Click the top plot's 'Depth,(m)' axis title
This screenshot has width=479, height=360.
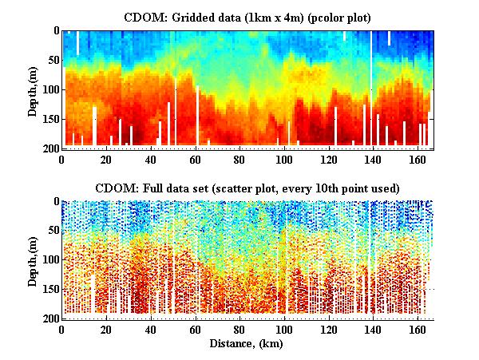(33, 89)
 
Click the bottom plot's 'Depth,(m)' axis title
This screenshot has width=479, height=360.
(33, 260)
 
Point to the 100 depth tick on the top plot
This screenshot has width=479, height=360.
(51, 89)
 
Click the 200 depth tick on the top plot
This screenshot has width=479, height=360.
(51, 148)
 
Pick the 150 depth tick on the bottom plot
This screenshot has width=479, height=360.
(51, 290)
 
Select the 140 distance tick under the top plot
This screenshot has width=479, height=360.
(371, 159)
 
